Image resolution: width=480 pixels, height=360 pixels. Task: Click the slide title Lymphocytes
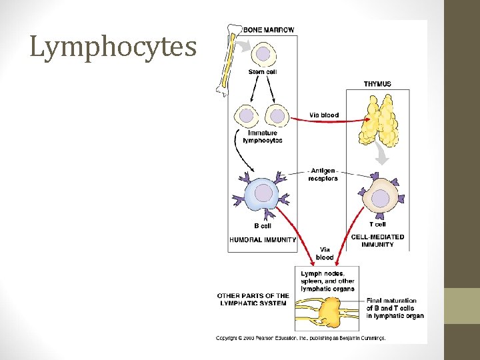pyautogui.click(x=113, y=47)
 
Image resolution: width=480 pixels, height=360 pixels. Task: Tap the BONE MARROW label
pyautogui.click(x=269, y=30)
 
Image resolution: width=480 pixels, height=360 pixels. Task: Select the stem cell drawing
pyautogui.click(x=264, y=51)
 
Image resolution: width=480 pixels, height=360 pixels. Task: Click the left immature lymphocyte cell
pyautogui.click(x=247, y=116)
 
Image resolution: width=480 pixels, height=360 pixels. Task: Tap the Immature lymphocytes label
pyautogui.click(x=263, y=137)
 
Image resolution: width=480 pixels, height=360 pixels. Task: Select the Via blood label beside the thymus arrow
pyautogui.click(x=324, y=115)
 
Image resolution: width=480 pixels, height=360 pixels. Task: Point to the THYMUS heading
pyautogui.click(x=377, y=84)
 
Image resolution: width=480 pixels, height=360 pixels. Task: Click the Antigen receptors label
pyautogui.click(x=323, y=175)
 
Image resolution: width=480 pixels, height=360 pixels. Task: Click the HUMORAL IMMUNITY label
pyautogui.click(x=263, y=240)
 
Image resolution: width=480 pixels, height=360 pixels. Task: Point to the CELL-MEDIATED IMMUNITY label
pyautogui.click(x=377, y=241)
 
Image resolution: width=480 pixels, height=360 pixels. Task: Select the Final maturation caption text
pyautogui.click(x=395, y=308)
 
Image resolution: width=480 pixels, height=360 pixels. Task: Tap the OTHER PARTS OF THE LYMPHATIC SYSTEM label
pyautogui.click(x=253, y=299)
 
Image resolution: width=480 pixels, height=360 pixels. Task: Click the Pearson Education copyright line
pyautogui.click(x=301, y=338)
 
